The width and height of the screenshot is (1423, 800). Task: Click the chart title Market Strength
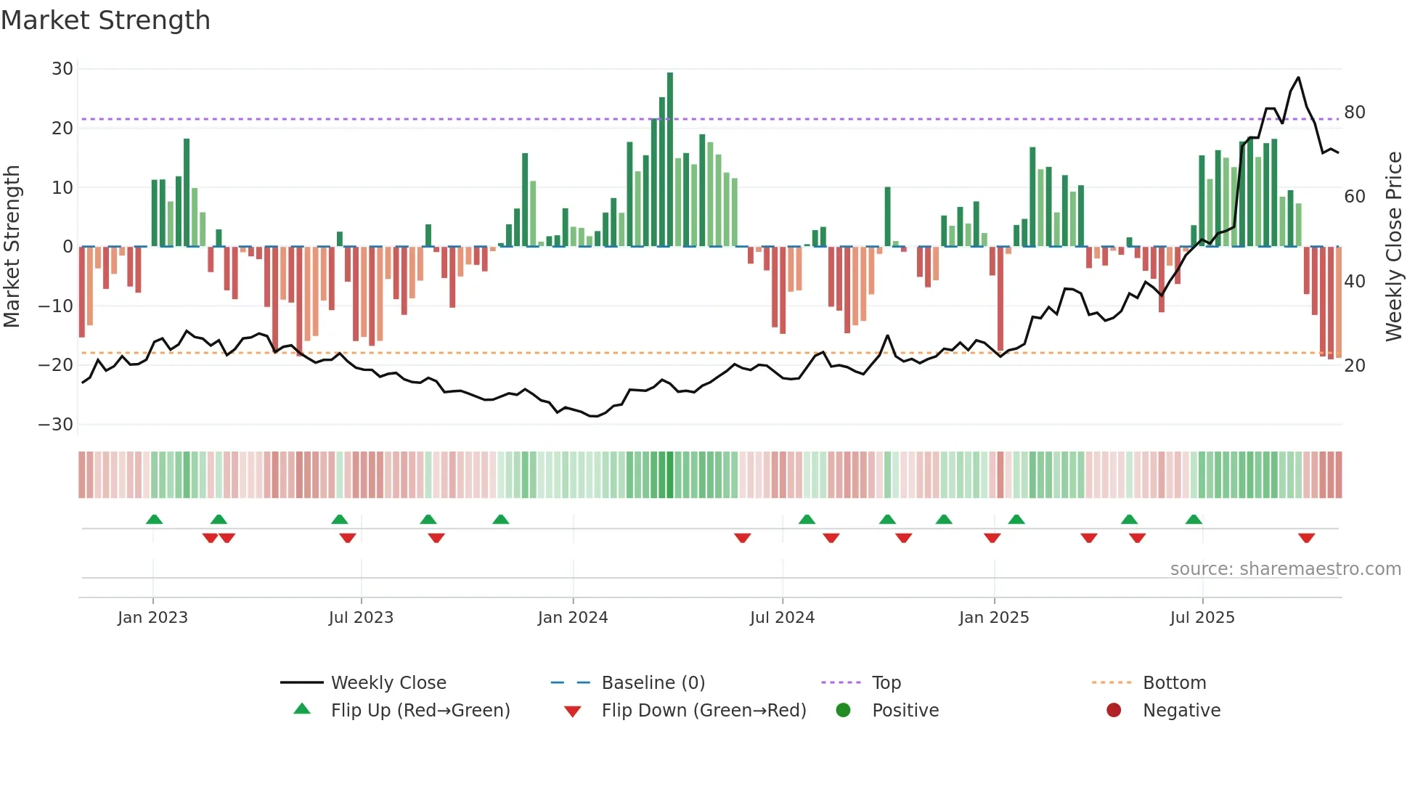click(106, 20)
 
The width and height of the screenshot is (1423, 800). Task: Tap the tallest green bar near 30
click(670, 160)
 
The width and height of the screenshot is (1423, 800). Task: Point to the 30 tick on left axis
click(62, 69)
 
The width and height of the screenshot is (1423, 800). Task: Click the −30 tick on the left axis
click(57, 425)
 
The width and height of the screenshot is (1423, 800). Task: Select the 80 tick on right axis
click(1355, 113)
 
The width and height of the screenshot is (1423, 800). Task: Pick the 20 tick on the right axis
click(1355, 366)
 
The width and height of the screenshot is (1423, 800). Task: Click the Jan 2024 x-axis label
click(573, 618)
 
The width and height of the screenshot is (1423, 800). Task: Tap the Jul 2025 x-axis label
click(1202, 618)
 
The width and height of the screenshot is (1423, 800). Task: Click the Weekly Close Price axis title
click(1394, 247)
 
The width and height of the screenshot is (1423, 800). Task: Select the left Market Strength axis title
click(12, 247)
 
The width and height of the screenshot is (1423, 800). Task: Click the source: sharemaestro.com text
click(1285, 569)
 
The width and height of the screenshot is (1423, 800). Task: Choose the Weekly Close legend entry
click(388, 683)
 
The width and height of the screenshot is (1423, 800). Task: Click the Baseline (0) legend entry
click(653, 683)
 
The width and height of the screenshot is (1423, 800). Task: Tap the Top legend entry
click(886, 683)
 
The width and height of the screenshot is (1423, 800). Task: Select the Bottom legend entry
click(1174, 683)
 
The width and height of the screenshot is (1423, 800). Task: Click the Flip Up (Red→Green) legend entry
click(420, 711)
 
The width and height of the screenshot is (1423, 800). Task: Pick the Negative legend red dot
click(1114, 711)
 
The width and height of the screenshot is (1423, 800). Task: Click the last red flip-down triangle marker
click(1307, 538)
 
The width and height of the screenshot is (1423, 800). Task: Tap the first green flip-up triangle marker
click(154, 519)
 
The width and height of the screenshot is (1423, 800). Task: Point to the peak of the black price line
click(1298, 78)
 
